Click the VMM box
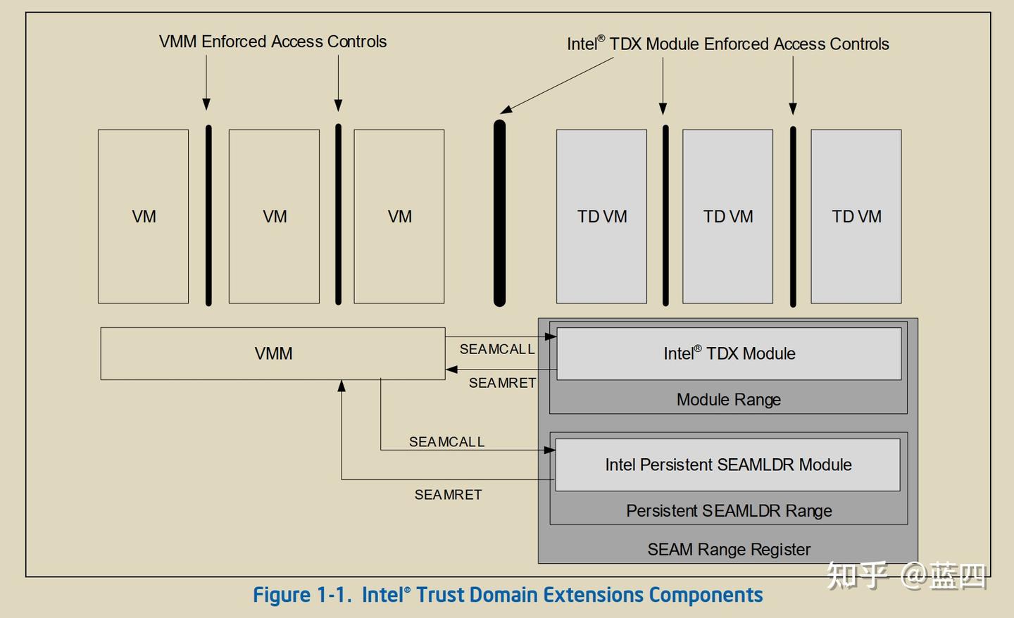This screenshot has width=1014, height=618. click(273, 353)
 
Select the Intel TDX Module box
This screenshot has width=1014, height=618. click(729, 353)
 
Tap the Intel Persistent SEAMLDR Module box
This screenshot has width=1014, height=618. click(727, 465)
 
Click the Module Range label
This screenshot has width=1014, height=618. click(728, 400)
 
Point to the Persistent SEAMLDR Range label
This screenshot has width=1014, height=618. click(729, 511)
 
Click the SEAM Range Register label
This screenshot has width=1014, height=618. click(729, 550)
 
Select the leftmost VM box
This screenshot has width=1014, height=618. click(144, 216)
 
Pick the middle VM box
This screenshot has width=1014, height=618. click(274, 216)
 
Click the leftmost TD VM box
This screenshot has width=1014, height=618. click(601, 216)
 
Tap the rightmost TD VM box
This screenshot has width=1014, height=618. click(856, 216)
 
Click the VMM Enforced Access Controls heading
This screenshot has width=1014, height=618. click(273, 42)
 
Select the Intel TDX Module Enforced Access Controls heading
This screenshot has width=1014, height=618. click(727, 44)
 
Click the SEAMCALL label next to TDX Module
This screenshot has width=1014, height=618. click(496, 349)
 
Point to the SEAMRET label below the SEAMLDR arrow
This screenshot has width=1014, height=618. click(448, 495)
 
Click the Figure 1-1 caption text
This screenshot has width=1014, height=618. click(508, 595)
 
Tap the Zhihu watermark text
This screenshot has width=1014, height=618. click(907, 576)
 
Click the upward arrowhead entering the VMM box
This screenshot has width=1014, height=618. click(342, 386)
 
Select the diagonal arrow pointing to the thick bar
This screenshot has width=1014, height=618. click(556, 85)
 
